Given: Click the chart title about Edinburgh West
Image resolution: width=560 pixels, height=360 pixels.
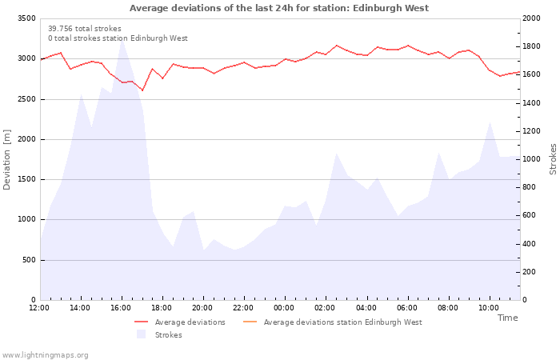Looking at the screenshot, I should (x=279, y=8).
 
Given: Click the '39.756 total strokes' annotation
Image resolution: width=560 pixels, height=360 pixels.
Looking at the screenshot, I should (x=85, y=28).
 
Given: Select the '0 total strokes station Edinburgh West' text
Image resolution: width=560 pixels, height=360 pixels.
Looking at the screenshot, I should (x=118, y=38).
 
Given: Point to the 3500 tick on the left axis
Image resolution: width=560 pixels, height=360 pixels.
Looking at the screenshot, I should (x=26, y=18).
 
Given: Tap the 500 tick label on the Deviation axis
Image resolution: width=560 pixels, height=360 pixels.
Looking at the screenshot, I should (x=29, y=260).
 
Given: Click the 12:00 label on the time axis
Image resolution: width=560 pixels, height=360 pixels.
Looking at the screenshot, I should (x=39, y=308).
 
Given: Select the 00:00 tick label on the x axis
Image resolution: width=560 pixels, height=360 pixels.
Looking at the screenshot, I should (x=284, y=308).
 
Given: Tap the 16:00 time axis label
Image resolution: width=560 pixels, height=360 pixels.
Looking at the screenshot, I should (x=121, y=308).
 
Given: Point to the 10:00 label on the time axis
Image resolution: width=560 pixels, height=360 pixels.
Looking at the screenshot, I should (x=488, y=308).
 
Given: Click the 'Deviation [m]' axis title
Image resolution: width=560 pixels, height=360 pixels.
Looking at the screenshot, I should (x=7, y=158).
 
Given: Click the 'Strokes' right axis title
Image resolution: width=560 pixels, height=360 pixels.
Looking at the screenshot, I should (x=553, y=158).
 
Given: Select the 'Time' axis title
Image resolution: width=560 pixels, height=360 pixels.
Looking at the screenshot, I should (x=507, y=318).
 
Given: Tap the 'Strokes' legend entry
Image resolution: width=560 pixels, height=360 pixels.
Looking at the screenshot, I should (x=168, y=335).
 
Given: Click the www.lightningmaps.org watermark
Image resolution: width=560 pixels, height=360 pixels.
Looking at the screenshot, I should (x=46, y=354).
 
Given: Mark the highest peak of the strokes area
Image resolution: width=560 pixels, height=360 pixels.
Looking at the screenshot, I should (x=122, y=40).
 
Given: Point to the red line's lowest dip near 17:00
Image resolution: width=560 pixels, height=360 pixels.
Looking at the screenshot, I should (x=142, y=90).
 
